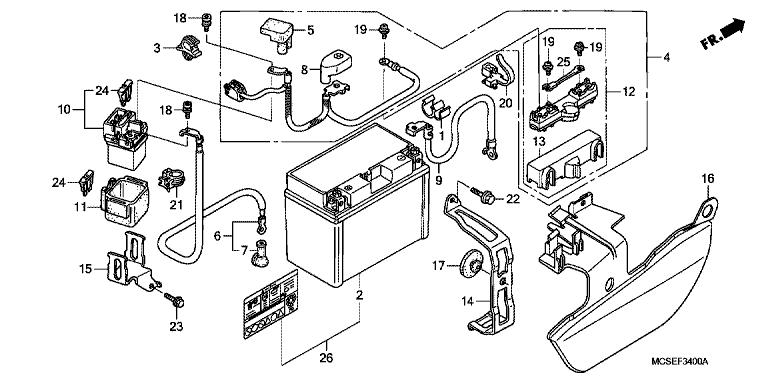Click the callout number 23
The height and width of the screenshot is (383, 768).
[176, 325]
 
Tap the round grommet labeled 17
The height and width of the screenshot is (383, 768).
[471, 265]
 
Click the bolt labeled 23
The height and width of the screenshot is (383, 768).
[174, 299]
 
